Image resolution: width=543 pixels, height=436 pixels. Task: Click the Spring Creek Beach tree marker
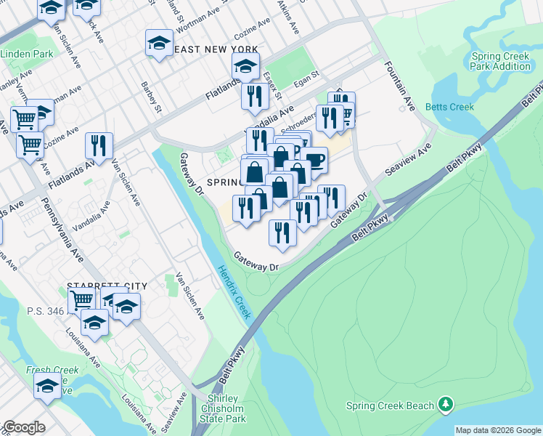click(x=446, y=405)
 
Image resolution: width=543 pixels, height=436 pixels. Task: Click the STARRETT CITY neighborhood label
click(x=107, y=286)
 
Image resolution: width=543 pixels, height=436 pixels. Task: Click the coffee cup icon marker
click(x=314, y=158)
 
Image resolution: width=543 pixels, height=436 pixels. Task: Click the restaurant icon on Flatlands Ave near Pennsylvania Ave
click(x=99, y=145)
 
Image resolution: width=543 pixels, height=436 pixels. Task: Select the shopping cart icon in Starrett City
click(x=81, y=299)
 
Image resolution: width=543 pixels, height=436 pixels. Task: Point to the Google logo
click(x=24, y=427)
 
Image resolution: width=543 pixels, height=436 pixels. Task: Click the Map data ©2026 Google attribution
click(x=498, y=430)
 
